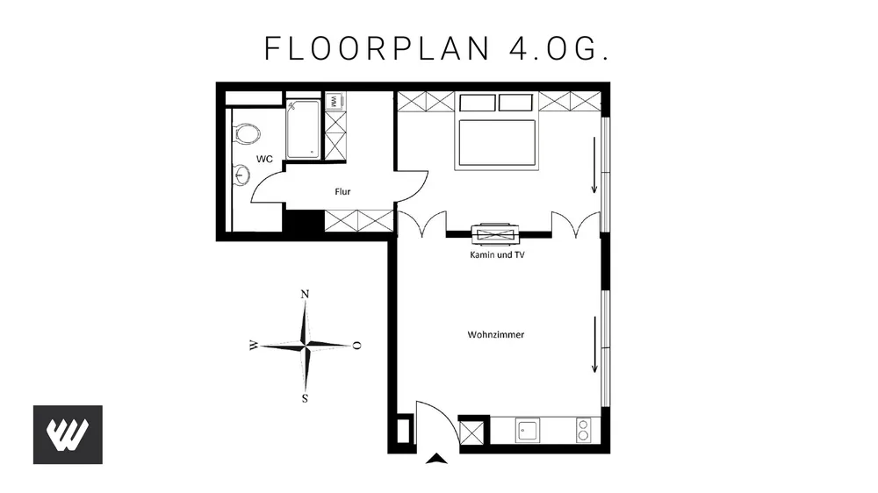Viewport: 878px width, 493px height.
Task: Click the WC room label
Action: point(264,159)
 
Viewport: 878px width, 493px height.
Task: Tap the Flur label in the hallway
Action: point(342,191)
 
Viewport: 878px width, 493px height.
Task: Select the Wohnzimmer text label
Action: point(495,334)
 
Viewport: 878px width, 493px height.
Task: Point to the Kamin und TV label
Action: point(497,254)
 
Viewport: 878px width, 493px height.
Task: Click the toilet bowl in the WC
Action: point(246,133)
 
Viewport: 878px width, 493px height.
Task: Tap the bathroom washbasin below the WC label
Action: point(241,175)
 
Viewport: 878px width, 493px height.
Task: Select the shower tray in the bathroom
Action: point(303,129)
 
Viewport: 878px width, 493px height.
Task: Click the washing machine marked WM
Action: point(335,101)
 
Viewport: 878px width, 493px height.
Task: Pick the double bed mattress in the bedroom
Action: point(497,143)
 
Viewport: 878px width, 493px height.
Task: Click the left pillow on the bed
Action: point(478,103)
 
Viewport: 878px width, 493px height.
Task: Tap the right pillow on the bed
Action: point(515,103)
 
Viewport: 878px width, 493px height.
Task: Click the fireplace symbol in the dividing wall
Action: point(495,234)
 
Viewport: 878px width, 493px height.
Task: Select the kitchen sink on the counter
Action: point(528,431)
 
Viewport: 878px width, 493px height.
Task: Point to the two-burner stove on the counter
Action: point(583,430)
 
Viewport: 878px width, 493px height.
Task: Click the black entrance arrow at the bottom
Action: point(436,459)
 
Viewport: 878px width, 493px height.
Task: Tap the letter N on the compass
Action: point(306,295)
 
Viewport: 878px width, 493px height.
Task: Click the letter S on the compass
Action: point(306,398)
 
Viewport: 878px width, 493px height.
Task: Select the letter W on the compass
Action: point(254,346)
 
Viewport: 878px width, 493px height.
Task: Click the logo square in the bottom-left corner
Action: point(68,435)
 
